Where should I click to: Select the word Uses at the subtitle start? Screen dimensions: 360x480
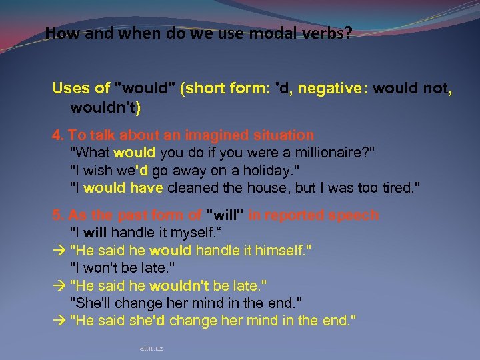coord(71,89)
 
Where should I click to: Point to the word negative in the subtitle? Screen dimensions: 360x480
coord(330,89)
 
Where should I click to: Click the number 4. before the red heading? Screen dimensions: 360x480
coord(57,135)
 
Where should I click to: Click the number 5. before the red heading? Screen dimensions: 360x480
coord(57,215)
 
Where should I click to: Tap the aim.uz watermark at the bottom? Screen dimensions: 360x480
coord(152,348)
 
